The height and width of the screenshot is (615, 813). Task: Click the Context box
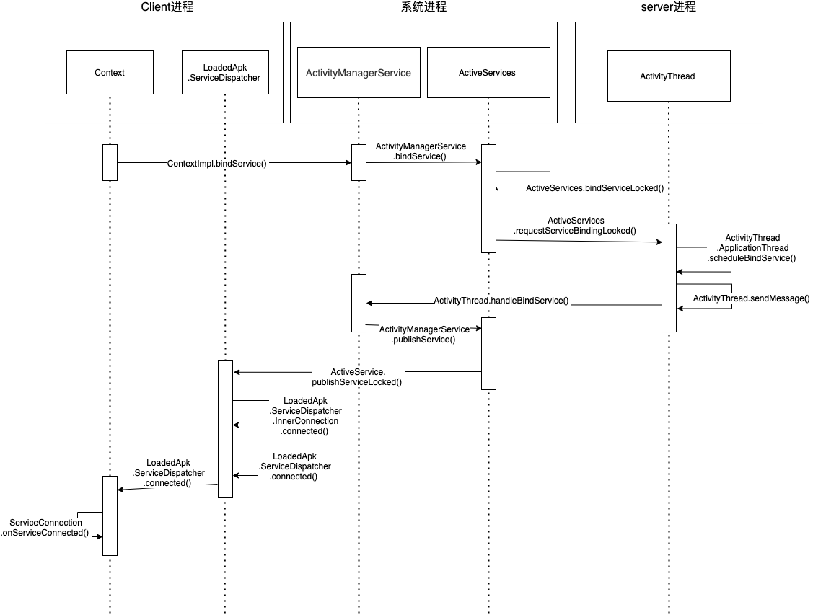click(x=110, y=72)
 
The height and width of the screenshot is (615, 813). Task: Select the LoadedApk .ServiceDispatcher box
click(x=225, y=72)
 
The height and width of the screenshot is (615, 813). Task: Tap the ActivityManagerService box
click(x=359, y=73)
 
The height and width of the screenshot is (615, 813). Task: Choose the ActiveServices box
click(x=488, y=73)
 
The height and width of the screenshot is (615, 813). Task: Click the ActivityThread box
click(x=667, y=76)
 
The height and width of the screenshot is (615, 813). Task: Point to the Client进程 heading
click(x=167, y=7)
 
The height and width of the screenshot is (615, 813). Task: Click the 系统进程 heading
click(x=423, y=7)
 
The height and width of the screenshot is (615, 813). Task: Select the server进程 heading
click(x=668, y=7)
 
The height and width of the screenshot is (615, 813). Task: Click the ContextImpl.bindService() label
click(x=217, y=163)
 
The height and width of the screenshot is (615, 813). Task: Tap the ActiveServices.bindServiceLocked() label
click(x=594, y=188)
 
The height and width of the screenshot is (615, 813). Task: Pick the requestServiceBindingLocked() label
click(x=575, y=231)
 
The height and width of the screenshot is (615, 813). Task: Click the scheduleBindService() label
click(x=752, y=257)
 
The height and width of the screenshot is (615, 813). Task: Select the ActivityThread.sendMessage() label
click(x=751, y=298)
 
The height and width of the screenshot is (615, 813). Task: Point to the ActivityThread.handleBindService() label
click(x=501, y=301)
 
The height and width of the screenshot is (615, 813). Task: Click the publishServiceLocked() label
click(x=357, y=382)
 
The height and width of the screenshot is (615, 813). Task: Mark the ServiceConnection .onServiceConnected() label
click(x=45, y=528)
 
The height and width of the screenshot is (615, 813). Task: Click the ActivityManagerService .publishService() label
click(x=423, y=334)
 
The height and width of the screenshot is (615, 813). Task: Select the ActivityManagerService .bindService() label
click(x=421, y=151)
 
